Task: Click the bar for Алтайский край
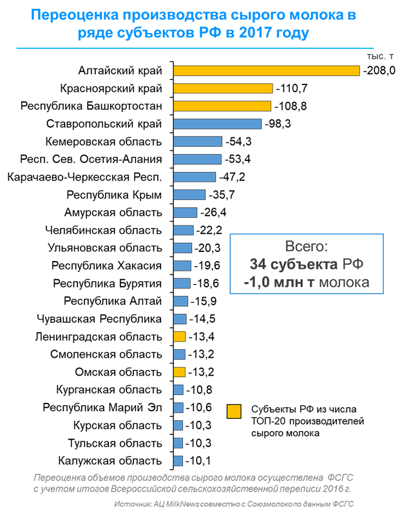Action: (267, 70)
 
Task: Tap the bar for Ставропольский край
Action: (218, 124)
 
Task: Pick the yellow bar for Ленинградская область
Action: (180, 336)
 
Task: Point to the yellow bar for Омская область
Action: (180, 372)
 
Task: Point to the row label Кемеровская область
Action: (104, 142)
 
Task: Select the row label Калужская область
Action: (110, 461)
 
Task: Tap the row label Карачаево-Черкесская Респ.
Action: (83, 177)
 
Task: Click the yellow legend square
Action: (235, 411)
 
